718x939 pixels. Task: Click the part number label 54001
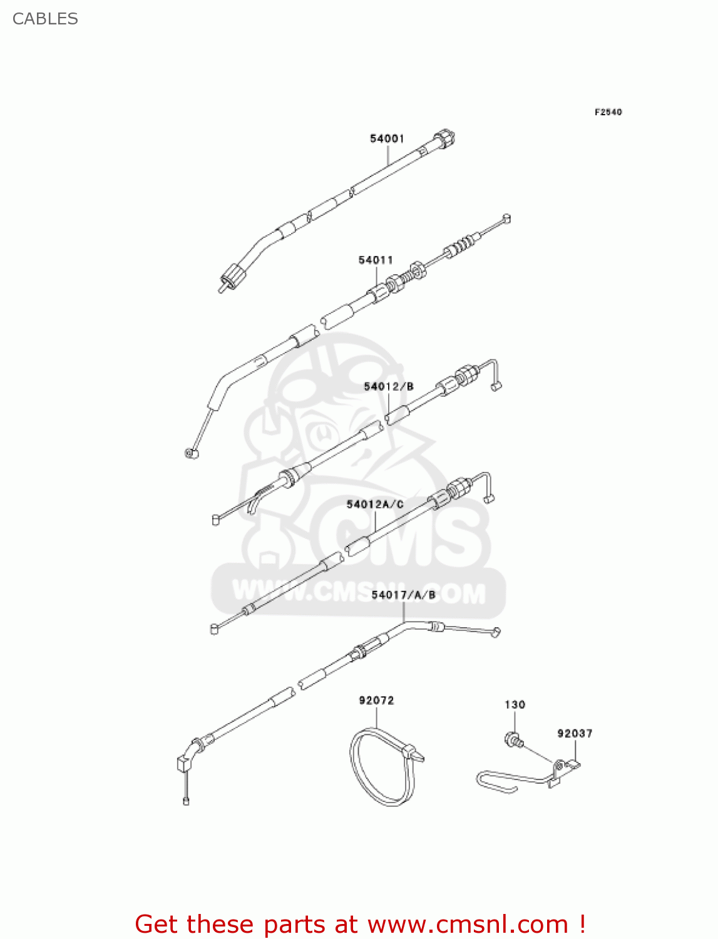pyautogui.click(x=387, y=138)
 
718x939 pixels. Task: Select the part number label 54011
pyautogui.click(x=376, y=260)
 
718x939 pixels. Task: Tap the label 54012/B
pyautogui.click(x=389, y=387)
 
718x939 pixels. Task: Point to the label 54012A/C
pyautogui.click(x=375, y=505)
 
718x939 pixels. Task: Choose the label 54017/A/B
pyautogui.click(x=403, y=595)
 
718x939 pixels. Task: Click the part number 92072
pyautogui.click(x=376, y=700)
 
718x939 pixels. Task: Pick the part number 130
pyautogui.click(x=515, y=705)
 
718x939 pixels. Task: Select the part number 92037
pyautogui.click(x=575, y=734)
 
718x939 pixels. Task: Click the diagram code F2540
pyautogui.click(x=608, y=112)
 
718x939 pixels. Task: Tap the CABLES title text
pyautogui.click(x=45, y=19)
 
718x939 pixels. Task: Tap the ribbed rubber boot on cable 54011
pyautogui.click(x=462, y=244)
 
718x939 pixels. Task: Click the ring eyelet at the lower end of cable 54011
pyautogui.click(x=191, y=453)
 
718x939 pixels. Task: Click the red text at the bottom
pyautogui.click(x=360, y=924)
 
